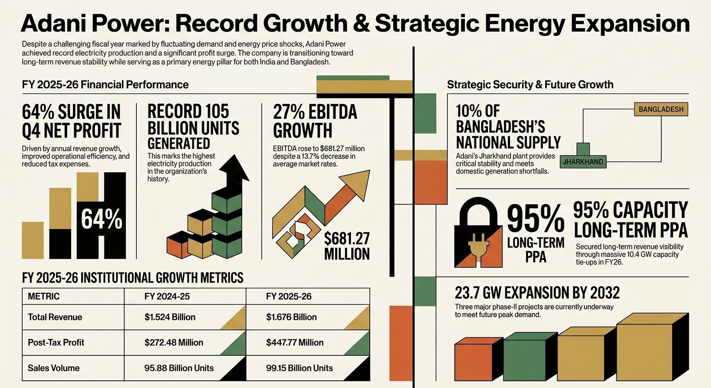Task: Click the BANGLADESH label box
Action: coord(661,109)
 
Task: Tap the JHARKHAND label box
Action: coord(583,162)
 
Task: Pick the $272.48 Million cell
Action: coord(174,343)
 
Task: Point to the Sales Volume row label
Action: coord(54,368)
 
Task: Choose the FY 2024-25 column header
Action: coord(167,296)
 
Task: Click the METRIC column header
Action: coord(44,296)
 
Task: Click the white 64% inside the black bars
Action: coord(102,219)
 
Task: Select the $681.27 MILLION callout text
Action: coord(347,246)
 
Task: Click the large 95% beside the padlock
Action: coord(535,219)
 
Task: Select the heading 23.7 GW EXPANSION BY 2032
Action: coord(537,293)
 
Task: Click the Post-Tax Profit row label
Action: coord(56,343)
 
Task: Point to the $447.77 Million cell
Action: coord(295,343)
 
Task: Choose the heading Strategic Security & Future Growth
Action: coord(530,85)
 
